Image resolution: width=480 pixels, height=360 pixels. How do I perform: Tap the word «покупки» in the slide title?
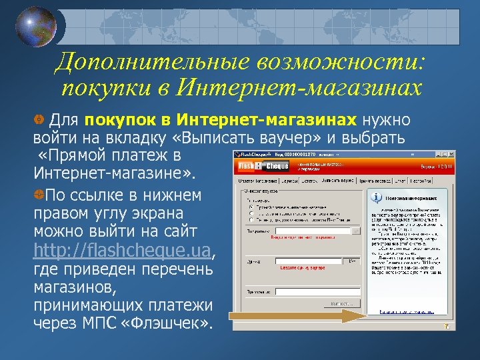103,88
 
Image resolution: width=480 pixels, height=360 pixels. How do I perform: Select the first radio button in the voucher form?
250,206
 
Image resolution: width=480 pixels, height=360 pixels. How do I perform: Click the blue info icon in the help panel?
377,197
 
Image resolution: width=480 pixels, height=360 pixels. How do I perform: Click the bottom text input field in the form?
313,291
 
